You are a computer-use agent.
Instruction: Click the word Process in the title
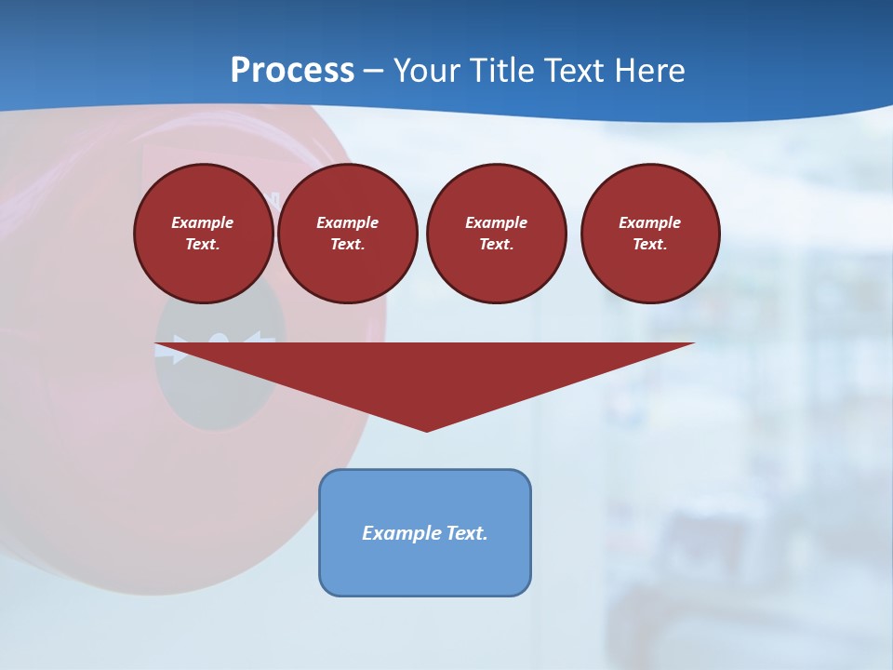pyautogui.click(x=292, y=71)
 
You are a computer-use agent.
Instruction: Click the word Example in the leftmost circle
pyautogui.click(x=203, y=222)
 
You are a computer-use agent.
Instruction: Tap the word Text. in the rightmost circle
pyautogui.click(x=650, y=244)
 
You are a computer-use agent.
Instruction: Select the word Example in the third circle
pyautogui.click(x=496, y=222)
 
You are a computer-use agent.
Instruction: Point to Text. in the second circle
pyautogui.click(x=347, y=244)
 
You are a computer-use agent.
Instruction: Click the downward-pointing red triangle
pyautogui.click(x=426, y=372)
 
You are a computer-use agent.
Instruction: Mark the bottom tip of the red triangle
pyautogui.click(x=426, y=429)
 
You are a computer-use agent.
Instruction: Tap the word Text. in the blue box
pyautogui.click(x=467, y=533)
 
